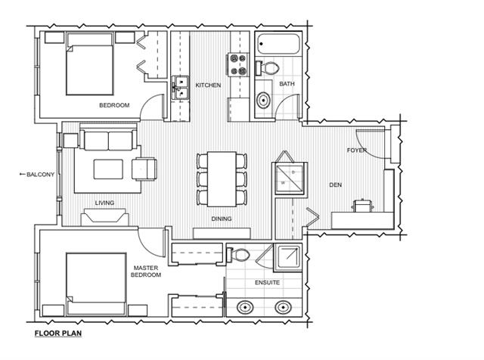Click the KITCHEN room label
point(208,85)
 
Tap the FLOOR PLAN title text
point(58,334)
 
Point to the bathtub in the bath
point(278,44)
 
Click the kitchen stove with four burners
point(238,64)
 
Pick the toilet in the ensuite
point(238,255)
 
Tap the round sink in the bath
point(264,100)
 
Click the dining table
point(222,179)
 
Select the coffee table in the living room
point(108,169)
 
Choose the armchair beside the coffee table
point(144,169)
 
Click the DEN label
point(336,185)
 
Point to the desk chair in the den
point(363,206)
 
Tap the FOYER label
point(357,151)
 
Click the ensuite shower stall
point(287,257)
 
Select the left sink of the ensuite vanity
point(245,308)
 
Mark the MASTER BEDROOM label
point(146,272)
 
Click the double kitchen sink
point(180,88)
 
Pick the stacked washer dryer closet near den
point(289,178)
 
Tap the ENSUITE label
point(267,283)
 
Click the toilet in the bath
point(267,68)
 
